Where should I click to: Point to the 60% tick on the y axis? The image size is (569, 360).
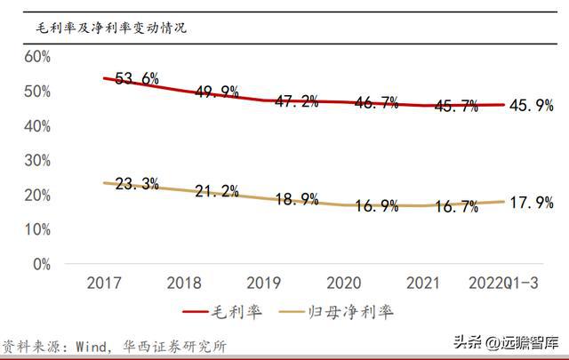[x=37, y=56]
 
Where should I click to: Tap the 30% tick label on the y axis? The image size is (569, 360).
[x=37, y=160]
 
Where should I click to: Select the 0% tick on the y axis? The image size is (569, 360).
[x=42, y=264]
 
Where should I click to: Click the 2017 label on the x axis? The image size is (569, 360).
[x=104, y=283]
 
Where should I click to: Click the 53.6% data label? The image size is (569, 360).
[x=137, y=78]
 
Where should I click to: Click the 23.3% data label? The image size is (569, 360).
[x=137, y=184]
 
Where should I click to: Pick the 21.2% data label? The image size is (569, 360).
[x=217, y=191]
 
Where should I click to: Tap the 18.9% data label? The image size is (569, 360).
[x=297, y=199]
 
